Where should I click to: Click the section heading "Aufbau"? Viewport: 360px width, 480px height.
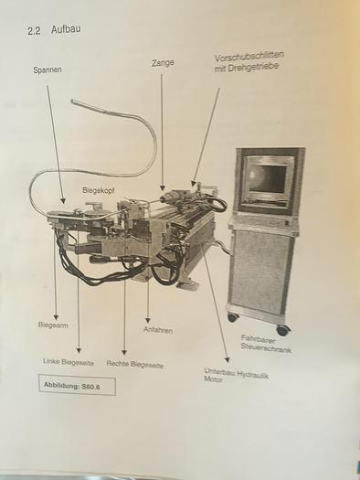pyautogui.click(x=67, y=29)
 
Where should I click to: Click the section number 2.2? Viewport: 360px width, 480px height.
pyautogui.click(x=36, y=30)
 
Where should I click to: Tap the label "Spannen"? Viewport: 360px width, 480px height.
pyautogui.click(x=48, y=69)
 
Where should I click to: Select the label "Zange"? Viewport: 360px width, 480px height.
pyautogui.click(x=164, y=63)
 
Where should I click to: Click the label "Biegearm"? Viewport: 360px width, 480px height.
pyautogui.click(x=53, y=325)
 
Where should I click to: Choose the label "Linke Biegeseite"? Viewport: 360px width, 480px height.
pyautogui.click(x=69, y=361)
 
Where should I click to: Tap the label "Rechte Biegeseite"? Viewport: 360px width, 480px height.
pyautogui.click(x=134, y=364)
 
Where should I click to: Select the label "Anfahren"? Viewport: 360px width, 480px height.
pyautogui.click(x=157, y=329)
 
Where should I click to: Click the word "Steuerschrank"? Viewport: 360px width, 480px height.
pyautogui.click(x=266, y=349)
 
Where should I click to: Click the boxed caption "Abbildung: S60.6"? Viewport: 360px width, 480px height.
pyautogui.click(x=77, y=386)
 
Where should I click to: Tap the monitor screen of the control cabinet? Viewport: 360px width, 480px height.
pyautogui.click(x=267, y=179)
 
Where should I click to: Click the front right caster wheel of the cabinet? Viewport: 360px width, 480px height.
pyautogui.click(x=282, y=330)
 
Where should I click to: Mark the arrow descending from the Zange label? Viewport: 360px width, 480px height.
pyautogui.click(x=163, y=128)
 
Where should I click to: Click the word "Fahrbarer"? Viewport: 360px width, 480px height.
pyautogui.click(x=259, y=338)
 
